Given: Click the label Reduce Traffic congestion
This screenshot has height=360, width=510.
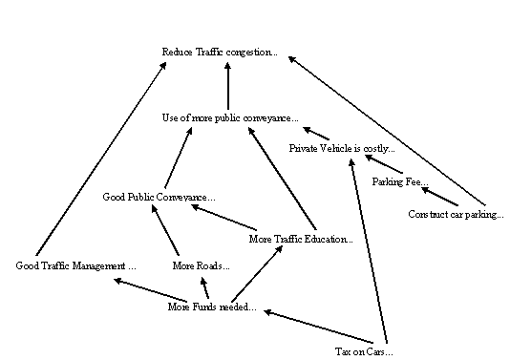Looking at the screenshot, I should pos(220,52).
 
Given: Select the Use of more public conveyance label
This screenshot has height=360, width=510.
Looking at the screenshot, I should pos(229,118).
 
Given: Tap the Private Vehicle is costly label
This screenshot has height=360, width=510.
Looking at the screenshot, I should pos(341,149).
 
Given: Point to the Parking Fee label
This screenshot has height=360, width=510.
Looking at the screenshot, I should pos(400,181).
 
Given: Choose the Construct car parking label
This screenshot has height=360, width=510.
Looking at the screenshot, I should pos(456,214).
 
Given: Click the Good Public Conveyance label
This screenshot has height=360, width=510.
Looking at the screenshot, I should pos(159,198).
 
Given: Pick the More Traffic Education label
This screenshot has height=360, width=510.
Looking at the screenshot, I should pos(300,239).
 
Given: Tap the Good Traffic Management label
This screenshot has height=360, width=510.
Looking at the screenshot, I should pos(76,265).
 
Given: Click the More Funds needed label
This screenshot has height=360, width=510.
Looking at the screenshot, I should pos(211,307).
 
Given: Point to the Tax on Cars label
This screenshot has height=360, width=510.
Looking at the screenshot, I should pos(364,351).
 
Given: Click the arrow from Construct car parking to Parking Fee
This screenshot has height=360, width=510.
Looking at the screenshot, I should pos(436,194).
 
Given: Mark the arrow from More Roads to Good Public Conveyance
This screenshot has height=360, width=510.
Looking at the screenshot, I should pos(164,234).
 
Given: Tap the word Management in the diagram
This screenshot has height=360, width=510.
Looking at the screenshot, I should pos(97,265).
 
